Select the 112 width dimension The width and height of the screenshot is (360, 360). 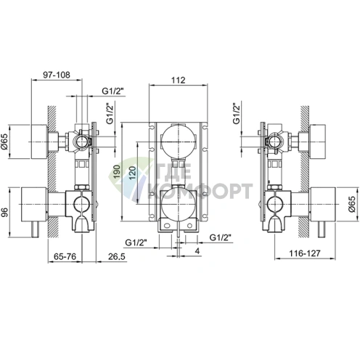(179, 80)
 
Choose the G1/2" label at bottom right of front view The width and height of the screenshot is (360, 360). (221, 237)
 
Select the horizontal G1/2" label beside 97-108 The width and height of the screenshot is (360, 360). (112, 90)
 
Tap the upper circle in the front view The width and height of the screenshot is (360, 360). (179, 137)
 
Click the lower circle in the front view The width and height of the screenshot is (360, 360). (179, 209)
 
